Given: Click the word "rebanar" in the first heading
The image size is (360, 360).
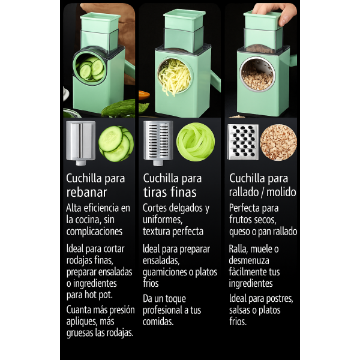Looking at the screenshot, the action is pyautogui.click(x=86, y=192).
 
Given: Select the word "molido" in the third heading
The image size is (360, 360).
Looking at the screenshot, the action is pyautogui.click(x=281, y=192).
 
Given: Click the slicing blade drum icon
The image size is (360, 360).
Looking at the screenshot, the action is pyautogui.click(x=80, y=143).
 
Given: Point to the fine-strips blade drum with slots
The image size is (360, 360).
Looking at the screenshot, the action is pyautogui.click(x=158, y=143).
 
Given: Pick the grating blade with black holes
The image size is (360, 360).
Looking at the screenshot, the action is pyautogui.click(x=243, y=142).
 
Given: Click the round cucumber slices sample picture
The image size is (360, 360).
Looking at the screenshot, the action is pyautogui.click(x=116, y=143).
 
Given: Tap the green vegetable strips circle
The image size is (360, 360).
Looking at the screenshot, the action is pyautogui.click(x=196, y=142).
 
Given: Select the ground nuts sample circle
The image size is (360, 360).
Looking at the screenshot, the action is pyautogui.click(x=278, y=142).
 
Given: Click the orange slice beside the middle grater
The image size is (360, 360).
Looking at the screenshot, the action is pyautogui.click(x=144, y=95).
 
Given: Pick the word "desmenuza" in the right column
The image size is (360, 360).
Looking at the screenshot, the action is pyautogui.click(x=249, y=260).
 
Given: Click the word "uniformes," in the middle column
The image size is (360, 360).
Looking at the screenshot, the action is pyautogui.click(x=163, y=220).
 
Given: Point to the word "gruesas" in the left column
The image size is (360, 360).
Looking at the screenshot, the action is pyautogui.click(x=80, y=333).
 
